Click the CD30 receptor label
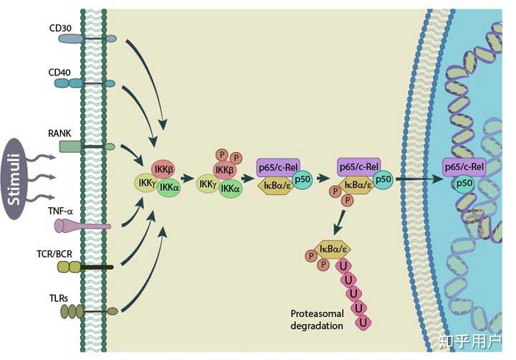point(60,28)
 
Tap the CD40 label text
point(59,72)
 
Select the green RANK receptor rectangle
point(70,146)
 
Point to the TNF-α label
point(60,211)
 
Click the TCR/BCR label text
point(54,254)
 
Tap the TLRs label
point(59,298)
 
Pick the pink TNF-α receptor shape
point(82,226)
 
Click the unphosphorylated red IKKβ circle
point(163,169)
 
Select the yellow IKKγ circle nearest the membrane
point(147,183)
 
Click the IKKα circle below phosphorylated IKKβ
point(231,189)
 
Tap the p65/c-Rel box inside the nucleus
point(464,167)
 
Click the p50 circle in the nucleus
point(464,183)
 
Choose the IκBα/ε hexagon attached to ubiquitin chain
point(333,249)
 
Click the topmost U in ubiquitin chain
point(343,266)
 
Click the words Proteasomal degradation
point(317,320)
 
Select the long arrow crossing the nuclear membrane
point(420,179)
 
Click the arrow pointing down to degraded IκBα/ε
point(339,222)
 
